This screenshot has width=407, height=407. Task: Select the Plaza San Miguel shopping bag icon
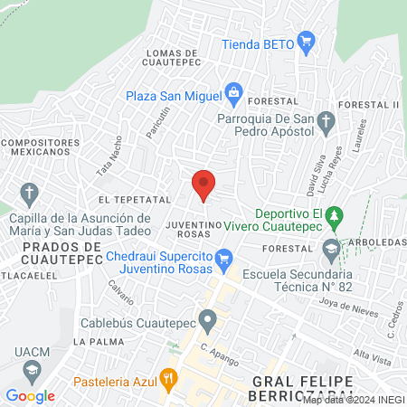(x=234, y=92)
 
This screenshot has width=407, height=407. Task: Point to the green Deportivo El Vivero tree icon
(x=336, y=217)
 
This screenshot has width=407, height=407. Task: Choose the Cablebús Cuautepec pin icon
(x=209, y=319)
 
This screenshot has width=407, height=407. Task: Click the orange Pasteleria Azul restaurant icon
(x=166, y=377)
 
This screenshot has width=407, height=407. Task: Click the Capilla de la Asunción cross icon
(x=29, y=192)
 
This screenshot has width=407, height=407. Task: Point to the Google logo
(x=31, y=395)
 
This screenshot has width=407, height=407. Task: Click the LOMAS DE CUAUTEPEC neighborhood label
(x=178, y=58)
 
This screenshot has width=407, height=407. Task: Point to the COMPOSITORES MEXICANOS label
(x=35, y=147)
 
